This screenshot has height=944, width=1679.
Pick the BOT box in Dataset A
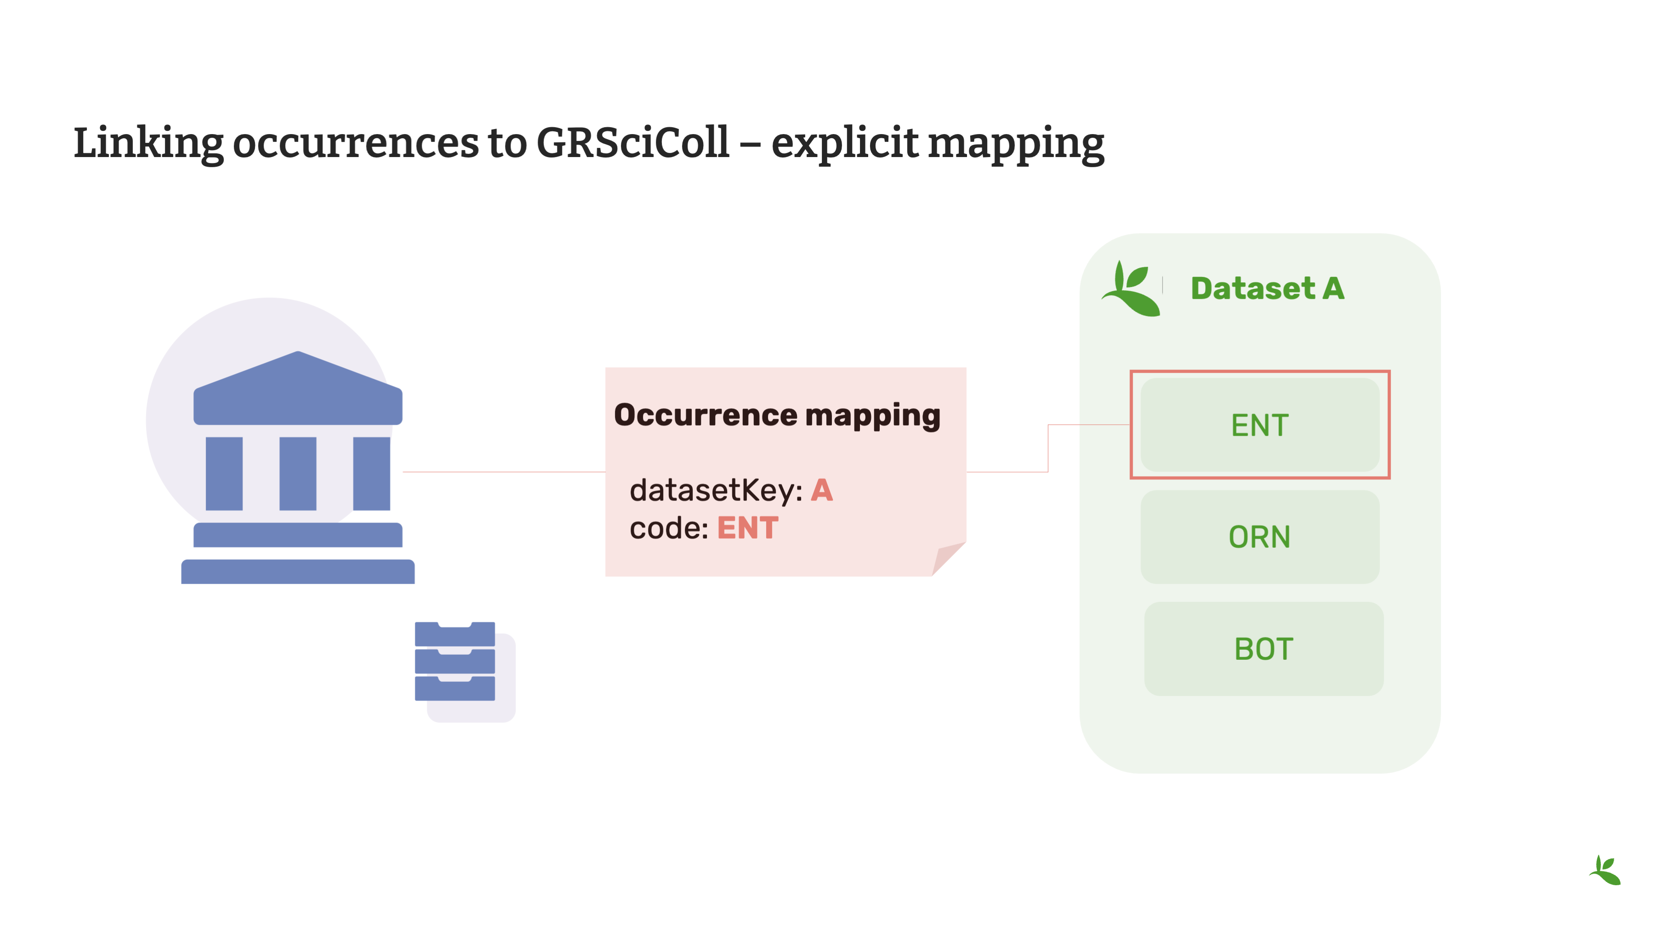click(x=1263, y=649)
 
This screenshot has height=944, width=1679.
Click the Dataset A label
click(x=1267, y=288)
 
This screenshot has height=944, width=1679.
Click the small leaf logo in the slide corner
click(x=1606, y=871)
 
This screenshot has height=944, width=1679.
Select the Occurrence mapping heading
click(x=777, y=415)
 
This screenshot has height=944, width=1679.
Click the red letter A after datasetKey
click(x=821, y=490)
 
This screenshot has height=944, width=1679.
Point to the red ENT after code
click(x=747, y=528)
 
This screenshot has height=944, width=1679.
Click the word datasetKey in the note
click(x=715, y=490)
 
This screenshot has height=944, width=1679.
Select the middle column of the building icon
click(x=298, y=474)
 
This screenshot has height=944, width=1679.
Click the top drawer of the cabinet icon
click(x=455, y=633)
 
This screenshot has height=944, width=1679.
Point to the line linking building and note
click(x=504, y=472)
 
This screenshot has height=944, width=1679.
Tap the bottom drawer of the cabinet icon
click(x=455, y=689)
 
